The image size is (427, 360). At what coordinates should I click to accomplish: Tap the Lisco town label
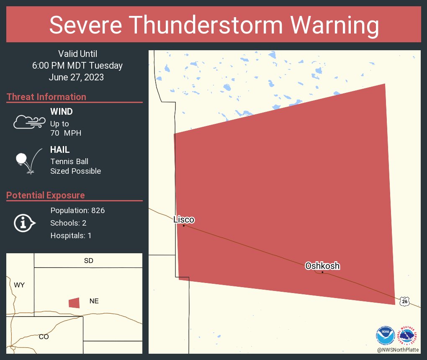184,219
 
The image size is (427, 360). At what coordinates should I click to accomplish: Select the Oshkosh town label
322,266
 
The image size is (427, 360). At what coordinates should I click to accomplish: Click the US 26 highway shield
404,301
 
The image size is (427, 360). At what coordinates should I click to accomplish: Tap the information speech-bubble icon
24,223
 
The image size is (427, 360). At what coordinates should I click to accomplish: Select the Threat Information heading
46,97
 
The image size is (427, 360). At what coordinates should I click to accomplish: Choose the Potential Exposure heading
46,195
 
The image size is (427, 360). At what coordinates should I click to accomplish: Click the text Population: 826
77,210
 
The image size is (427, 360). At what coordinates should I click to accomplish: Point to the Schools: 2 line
68,223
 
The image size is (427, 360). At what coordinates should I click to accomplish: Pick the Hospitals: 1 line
71,235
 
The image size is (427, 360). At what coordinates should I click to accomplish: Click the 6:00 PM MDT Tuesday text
77,65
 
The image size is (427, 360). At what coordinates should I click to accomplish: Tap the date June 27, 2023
76,77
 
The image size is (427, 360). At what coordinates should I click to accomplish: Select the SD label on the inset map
88,261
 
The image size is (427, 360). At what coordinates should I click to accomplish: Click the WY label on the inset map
19,285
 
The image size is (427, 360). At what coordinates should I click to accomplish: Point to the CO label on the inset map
44,337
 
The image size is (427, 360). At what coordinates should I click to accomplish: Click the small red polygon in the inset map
74,303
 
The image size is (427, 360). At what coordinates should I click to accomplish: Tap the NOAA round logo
385,336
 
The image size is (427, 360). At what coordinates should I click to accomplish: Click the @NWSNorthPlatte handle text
398,350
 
